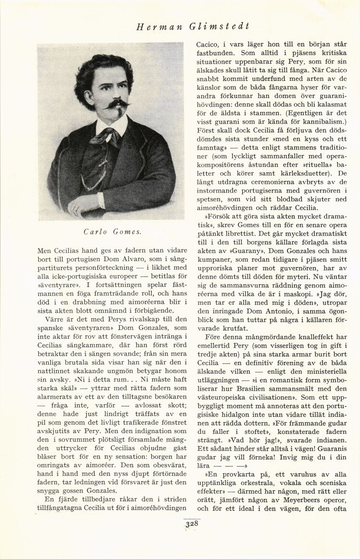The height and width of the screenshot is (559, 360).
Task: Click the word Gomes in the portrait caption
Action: tap(127, 232)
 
